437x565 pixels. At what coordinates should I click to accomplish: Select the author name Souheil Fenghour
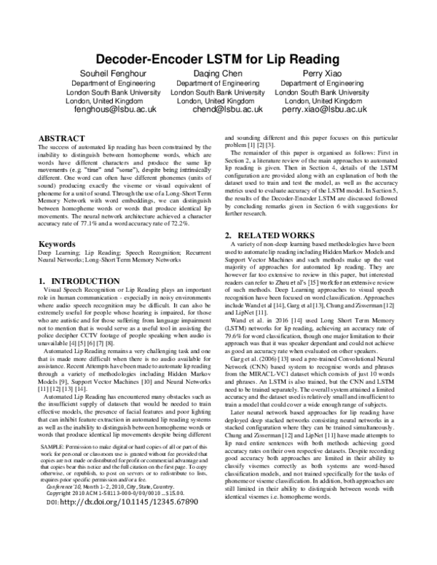114,74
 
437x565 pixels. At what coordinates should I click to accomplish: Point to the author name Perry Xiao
323,74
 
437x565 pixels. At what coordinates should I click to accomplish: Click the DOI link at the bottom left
117,542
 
